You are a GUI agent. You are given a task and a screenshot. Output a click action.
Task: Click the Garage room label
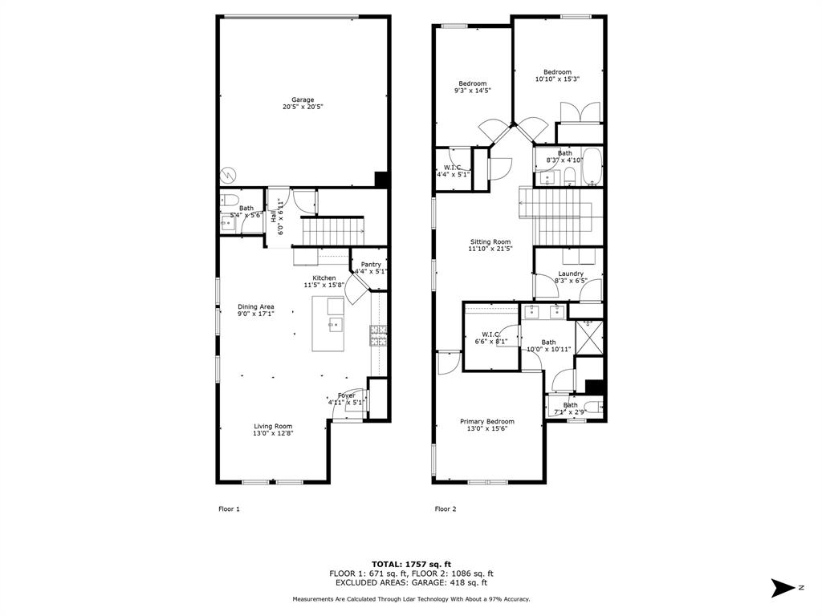pyautogui.click(x=303, y=100)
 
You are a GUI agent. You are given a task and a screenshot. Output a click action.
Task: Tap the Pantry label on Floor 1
pyautogui.click(x=371, y=265)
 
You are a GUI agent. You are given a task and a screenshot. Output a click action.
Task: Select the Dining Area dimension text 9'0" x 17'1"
pyautogui.click(x=256, y=314)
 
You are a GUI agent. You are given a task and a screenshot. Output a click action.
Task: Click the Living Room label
pyautogui.click(x=273, y=427)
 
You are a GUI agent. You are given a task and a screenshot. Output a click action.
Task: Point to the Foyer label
pyautogui.click(x=347, y=395)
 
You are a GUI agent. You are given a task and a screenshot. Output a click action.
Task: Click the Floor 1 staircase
pyautogui.click(x=333, y=232)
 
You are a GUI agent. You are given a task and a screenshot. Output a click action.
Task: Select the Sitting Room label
pyautogui.click(x=490, y=241)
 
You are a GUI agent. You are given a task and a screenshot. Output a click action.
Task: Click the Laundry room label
pyautogui.click(x=570, y=274)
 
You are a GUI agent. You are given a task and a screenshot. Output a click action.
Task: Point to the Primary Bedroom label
pyautogui.click(x=486, y=421)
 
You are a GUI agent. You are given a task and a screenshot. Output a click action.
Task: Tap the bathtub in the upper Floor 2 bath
pyautogui.click(x=592, y=166)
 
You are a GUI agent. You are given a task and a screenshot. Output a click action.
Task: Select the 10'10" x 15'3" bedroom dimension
pyautogui.click(x=557, y=79)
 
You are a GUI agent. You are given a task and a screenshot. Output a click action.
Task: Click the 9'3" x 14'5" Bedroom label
pyautogui.click(x=472, y=83)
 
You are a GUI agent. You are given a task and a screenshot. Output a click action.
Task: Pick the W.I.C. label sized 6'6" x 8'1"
pyautogui.click(x=491, y=334)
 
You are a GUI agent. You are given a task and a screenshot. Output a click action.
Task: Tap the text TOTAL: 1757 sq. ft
pyautogui.click(x=410, y=564)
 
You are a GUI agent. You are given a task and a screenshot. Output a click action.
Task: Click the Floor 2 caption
pyautogui.click(x=446, y=509)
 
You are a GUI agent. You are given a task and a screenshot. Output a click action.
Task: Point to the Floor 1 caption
pyautogui.click(x=230, y=509)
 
